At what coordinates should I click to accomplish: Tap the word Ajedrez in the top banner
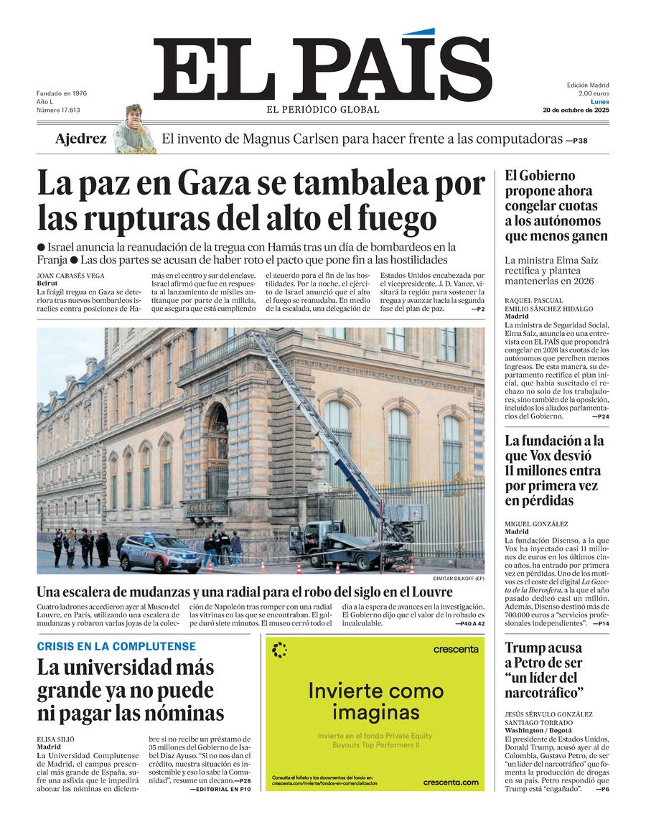pyautogui.click(x=80, y=139)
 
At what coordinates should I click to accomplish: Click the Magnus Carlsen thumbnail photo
pyautogui.click(x=134, y=129)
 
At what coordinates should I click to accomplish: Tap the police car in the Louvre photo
pyautogui.click(x=159, y=552)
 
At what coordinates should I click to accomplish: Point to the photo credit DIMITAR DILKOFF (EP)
pyautogui.click(x=458, y=579)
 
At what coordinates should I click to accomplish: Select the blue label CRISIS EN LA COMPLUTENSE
pyautogui.click(x=116, y=647)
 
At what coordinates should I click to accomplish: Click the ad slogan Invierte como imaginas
pyautogui.click(x=375, y=701)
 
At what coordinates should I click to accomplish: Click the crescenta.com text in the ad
pyautogui.click(x=450, y=782)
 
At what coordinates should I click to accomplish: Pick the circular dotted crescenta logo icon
pyautogui.click(x=280, y=650)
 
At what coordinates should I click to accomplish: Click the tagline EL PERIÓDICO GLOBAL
pyautogui.click(x=323, y=110)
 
